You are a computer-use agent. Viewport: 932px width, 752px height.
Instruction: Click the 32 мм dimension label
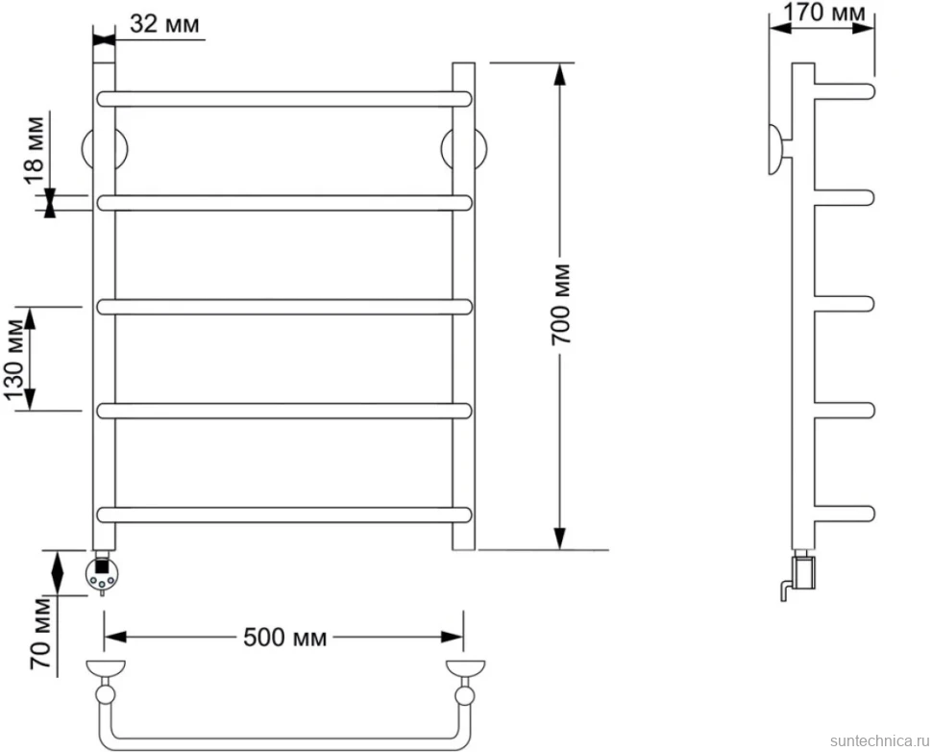point(164,24)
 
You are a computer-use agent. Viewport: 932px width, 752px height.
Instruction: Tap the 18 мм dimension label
point(35,150)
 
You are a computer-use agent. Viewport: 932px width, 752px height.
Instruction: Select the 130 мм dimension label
point(15,360)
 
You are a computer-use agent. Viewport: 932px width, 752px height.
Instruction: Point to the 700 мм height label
point(560,304)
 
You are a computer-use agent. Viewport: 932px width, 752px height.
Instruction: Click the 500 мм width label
point(285,638)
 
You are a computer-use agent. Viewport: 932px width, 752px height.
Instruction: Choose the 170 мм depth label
point(823,12)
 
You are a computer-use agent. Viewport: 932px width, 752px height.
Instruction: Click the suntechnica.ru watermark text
point(880,740)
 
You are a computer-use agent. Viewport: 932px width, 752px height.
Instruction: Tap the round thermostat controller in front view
point(102,575)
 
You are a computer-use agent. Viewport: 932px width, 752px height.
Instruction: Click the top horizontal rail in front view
point(284,99)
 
